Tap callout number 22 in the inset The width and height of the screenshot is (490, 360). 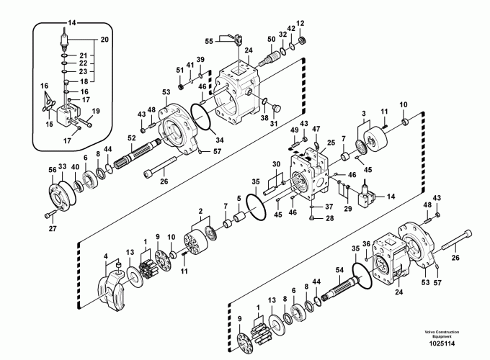click(x=83, y=63)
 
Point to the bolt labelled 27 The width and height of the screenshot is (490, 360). click(x=49, y=215)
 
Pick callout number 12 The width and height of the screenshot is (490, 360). click(x=300, y=24)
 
